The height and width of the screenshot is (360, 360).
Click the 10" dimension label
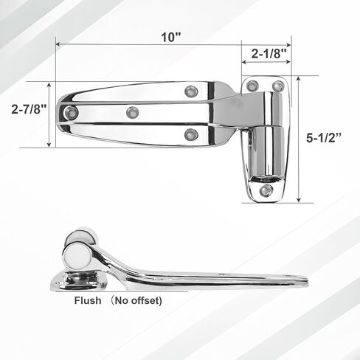tap(171, 38)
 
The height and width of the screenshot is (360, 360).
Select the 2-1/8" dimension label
tap(269, 53)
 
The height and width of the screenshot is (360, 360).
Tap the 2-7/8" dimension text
tap(29, 109)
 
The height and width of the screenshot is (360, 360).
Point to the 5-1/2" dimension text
tap(324, 138)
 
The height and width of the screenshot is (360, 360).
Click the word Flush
tap(88, 300)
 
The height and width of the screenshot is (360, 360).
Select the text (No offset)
tap(136, 300)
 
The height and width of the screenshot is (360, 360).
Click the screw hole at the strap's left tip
tap(71, 113)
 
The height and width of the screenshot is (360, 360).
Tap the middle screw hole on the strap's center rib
tap(133, 113)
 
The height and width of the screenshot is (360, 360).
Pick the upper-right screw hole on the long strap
tap(191, 91)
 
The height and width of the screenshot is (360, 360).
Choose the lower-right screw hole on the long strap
tap(191, 134)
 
